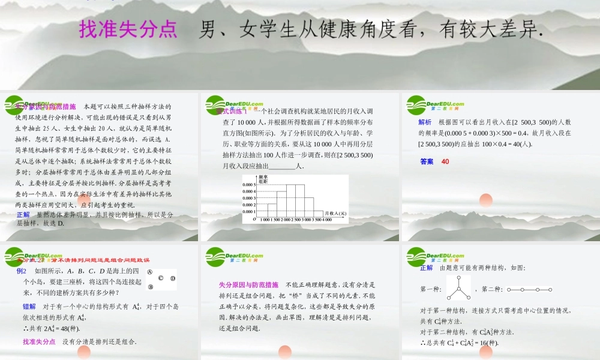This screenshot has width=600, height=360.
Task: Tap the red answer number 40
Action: [445, 161]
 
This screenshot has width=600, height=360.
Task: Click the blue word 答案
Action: [427, 161]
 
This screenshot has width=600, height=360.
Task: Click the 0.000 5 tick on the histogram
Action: [250, 185]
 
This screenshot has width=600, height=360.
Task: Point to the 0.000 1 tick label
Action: [250, 211]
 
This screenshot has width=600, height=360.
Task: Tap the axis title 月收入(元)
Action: [335, 213]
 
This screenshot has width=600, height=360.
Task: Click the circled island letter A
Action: [149, 271]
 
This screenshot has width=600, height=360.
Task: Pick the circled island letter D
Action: [173, 278]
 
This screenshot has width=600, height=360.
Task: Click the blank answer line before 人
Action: [283, 166]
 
